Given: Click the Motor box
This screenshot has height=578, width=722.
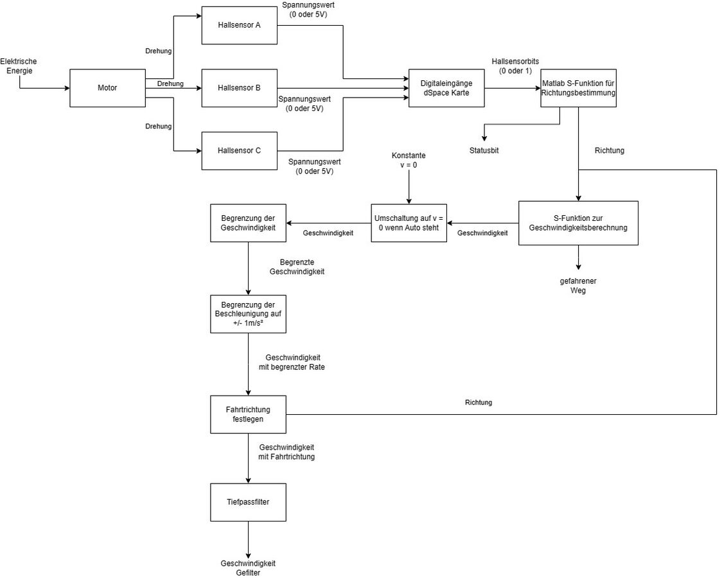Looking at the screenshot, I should click(107, 87).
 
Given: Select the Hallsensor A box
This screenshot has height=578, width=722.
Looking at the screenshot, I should click(239, 25).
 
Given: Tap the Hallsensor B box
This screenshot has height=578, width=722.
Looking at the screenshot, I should click(239, 87).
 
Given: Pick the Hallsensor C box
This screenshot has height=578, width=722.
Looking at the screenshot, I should click(239, 151).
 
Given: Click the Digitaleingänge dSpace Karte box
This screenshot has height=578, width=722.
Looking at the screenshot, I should click(446, 87).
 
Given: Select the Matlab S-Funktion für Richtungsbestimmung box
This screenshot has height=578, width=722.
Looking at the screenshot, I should click(579, 87).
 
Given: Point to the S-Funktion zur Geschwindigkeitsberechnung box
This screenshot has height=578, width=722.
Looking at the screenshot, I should click(578, 222).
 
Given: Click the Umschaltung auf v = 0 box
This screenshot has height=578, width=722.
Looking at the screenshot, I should click(409, 222).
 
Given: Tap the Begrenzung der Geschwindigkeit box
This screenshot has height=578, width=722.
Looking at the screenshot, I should click(248, 222).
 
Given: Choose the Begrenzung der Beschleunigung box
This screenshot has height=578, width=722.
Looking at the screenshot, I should click(248, 313).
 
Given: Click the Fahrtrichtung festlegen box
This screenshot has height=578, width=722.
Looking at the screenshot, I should click(248, 414).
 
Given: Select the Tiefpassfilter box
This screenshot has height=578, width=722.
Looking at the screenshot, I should click(248, 502).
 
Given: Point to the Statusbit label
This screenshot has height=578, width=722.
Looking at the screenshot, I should click(484, 150).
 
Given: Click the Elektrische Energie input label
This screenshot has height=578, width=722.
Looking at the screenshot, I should click(19, 66).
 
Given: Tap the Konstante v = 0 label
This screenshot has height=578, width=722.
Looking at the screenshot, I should click(409, 161).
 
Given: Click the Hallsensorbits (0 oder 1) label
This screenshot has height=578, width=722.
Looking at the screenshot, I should click(515, 66).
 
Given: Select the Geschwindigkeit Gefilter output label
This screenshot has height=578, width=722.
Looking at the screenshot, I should click(248, 568).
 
